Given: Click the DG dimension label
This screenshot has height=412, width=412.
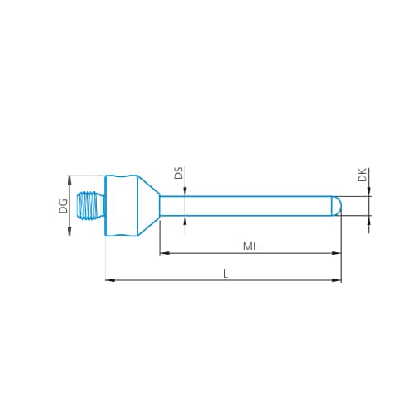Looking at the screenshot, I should [x=63, y=206].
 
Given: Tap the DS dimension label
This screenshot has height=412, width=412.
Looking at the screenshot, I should [x=178, y=174].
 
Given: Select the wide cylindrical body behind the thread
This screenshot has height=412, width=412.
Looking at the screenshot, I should [x=120, y=206].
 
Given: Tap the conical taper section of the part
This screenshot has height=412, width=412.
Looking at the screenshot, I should [x=147, y=206].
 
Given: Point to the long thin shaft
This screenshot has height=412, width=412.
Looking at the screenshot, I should [x=247, y=206].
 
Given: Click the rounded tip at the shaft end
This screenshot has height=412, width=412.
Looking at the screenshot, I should [x=336, y=206].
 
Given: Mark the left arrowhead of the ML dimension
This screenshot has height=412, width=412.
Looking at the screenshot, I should [x=163, y=252].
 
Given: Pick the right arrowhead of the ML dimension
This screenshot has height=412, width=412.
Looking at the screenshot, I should [x=337, y=252].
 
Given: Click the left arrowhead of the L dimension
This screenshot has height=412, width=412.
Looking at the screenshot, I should [x=109, y=280].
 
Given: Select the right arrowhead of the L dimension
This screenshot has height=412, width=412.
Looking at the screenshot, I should [x=337, y=280].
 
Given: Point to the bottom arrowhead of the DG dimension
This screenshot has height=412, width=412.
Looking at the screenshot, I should [x=69, y=233].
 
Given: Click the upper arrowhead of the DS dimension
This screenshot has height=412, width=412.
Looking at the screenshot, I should [x=185, y=191].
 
